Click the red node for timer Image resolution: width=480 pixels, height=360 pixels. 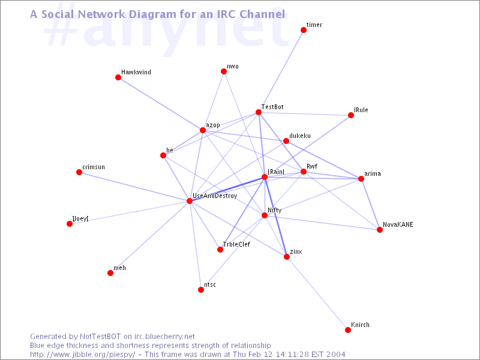coord(304,30)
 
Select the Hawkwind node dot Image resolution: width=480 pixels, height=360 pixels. coord(118,77)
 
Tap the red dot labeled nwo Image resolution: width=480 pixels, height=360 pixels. coord(224,71)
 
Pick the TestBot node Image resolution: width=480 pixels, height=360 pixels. coord(259,112)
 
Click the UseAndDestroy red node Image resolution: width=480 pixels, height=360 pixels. coord(190,201)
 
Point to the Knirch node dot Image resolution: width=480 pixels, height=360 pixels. coord(348,330)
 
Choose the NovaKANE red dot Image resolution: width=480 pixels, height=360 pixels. coord(380,230)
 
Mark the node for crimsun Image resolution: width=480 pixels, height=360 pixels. coord(79,172)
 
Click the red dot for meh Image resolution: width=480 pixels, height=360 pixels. coord(110,273)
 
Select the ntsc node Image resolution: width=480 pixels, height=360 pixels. coord(201,290)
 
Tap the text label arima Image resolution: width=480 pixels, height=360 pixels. coord(373,173)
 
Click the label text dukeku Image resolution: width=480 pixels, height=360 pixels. coord(300,136)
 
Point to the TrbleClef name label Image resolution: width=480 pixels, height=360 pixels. coord(236,244)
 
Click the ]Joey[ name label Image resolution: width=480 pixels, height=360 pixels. coord(80,218)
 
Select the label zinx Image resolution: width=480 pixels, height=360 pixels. coord(296,251)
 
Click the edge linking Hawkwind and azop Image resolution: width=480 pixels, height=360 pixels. coord(160,104)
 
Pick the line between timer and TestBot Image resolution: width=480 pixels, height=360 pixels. coord(281,71)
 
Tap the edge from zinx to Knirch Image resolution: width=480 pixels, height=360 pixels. coord(317,293)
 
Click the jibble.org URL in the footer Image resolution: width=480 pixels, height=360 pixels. coord(82,355)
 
